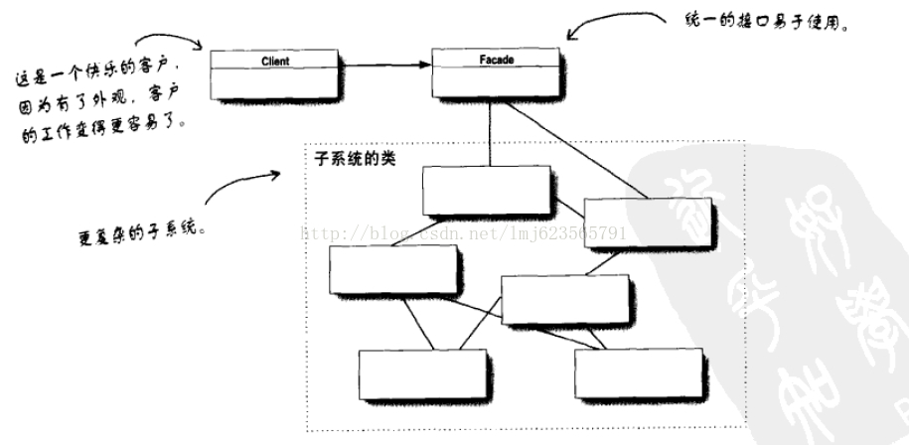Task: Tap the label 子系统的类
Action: point(355,158)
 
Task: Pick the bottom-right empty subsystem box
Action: point(638,373)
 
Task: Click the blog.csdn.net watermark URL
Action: point(477,234)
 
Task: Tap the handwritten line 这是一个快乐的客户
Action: point(97,71)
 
